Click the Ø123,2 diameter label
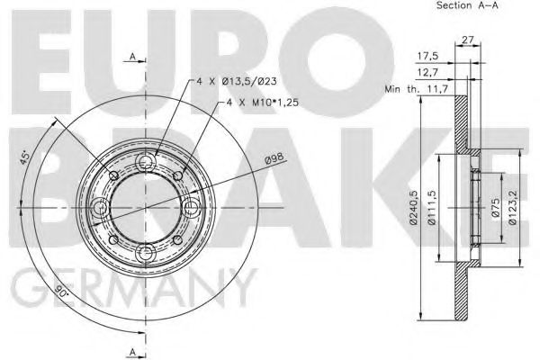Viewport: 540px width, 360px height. (512, 205)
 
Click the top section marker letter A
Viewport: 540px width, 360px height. (133, 58)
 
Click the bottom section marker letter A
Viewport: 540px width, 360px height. (133, 349)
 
